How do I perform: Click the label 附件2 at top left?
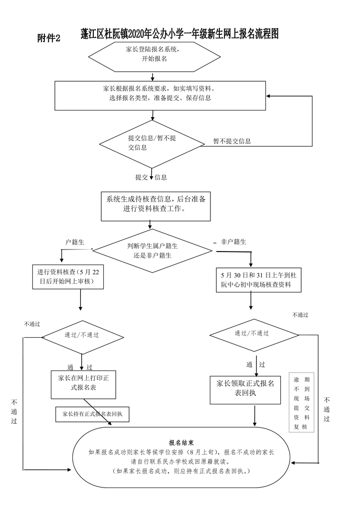pos(48,38)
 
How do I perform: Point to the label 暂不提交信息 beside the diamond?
pos(232,141)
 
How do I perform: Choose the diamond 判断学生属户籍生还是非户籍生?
pos(153,250)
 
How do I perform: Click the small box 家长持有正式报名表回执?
pos(92,414)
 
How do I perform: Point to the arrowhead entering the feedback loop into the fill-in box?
pos(270,96)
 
